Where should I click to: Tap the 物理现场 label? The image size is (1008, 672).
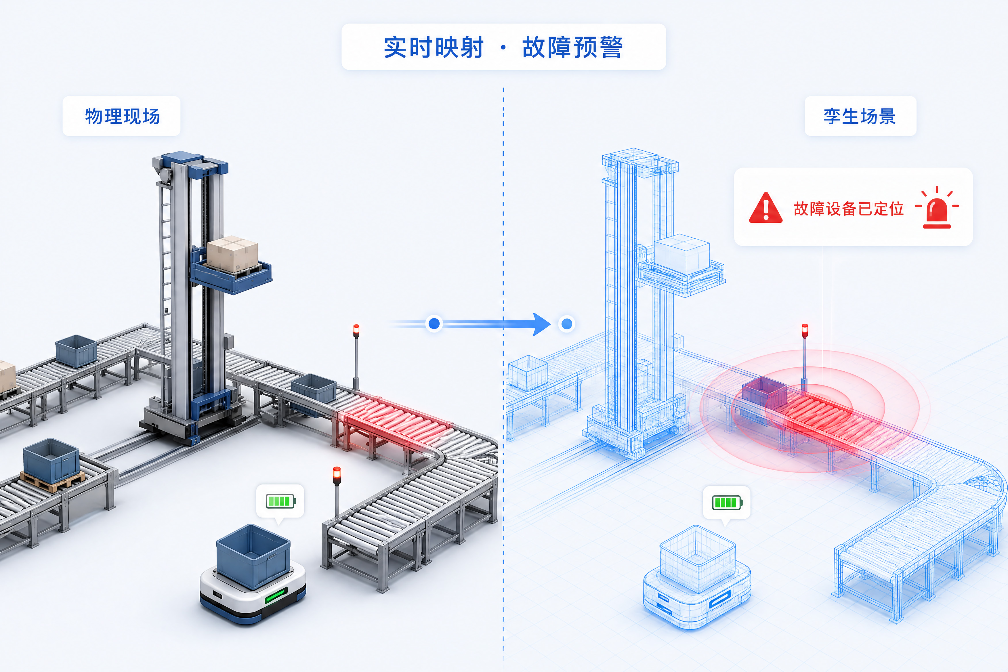pos(123,116)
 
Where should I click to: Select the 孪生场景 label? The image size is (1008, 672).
pos(860,116)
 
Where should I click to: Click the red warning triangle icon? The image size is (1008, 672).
pos(765,208)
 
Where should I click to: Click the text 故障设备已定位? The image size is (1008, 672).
pos(849,209)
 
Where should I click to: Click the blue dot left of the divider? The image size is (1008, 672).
pos(434,324)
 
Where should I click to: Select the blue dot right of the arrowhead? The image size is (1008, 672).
pos(567,324)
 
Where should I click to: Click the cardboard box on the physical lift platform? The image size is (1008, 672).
pos(232,254)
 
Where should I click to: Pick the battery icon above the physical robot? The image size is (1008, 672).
pos(281,501)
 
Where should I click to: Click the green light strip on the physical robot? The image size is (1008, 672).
pos(276,596)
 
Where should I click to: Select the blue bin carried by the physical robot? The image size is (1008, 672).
pos(253,555)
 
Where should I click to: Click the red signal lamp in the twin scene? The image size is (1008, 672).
pos(805,331)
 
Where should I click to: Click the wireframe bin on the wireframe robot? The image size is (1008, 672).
pos(698,558)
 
